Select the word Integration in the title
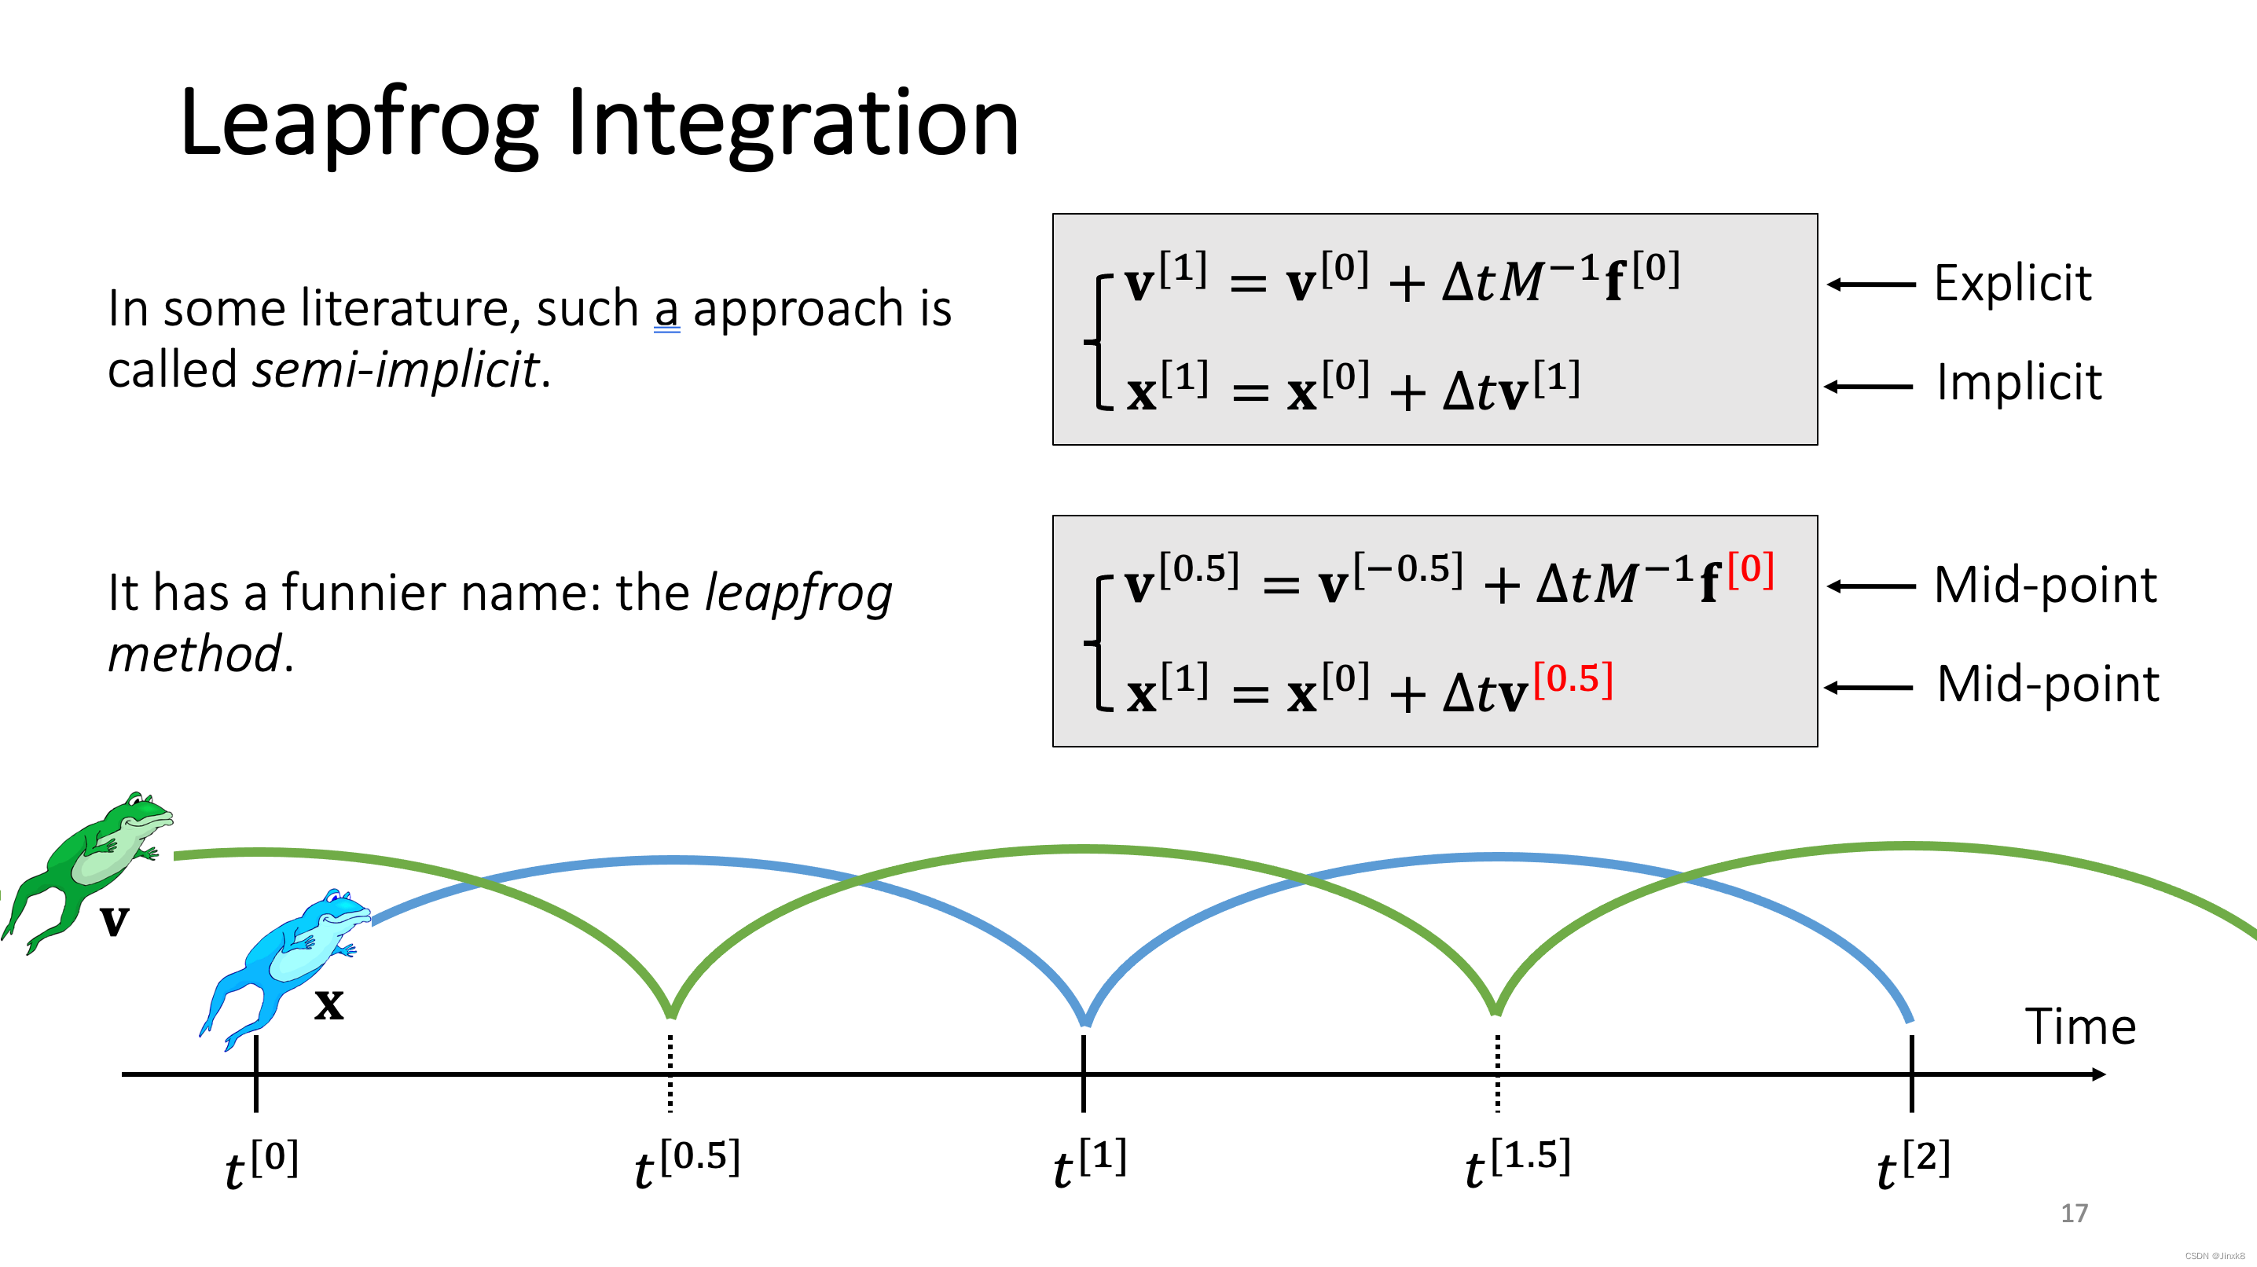(793, 124)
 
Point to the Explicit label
(2012, 284)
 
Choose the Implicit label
(2018, 384)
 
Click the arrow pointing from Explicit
(1870, 285)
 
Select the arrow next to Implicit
(1868, 387)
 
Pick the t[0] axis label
(261, 1163)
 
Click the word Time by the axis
(2079, 1027)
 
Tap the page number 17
(2073, 1214)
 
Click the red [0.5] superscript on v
(1573, 679)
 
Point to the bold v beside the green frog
(114, 921)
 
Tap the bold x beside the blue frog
(328, 1004)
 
